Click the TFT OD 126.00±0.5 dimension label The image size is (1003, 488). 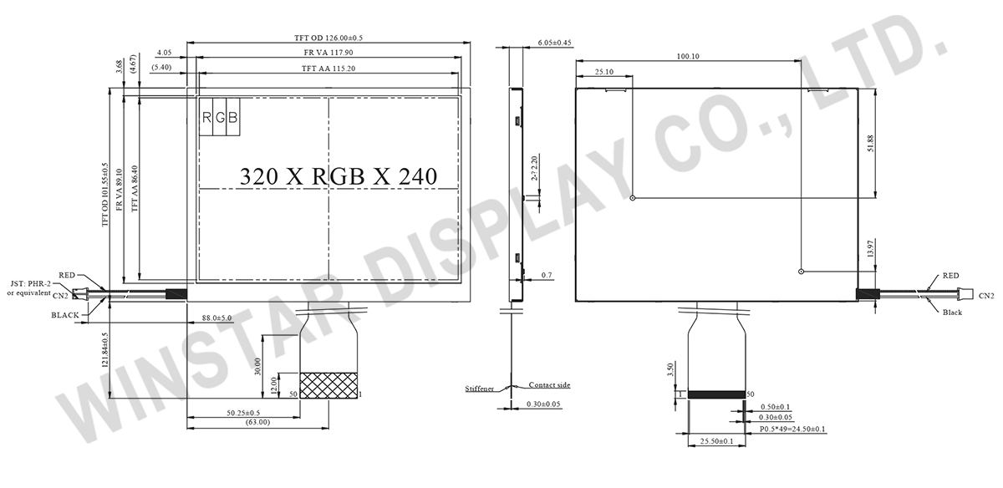[328, 38]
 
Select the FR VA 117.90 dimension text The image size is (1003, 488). [328, 53]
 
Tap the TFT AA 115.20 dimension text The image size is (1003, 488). [328, 69]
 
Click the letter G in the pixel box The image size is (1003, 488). [220, 118]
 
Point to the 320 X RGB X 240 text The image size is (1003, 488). [338, 176]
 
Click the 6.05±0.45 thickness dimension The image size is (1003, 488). [554, 43]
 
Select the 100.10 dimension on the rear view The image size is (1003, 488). [688, 57]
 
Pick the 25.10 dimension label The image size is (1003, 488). [604, 72]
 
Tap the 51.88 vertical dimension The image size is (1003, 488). [870, 143]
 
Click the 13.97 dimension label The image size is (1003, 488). [870, 248]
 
